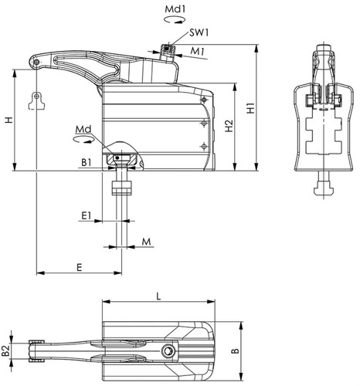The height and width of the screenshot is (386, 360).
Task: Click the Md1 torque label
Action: pos(175,9)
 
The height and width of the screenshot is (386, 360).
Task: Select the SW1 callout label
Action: pos(199,32)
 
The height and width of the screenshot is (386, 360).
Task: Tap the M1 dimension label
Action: pos(197,52)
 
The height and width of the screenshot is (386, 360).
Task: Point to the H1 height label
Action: pos(250,108)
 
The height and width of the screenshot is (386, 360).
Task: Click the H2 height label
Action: pos(229,126)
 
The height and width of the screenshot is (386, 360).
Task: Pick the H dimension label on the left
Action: pos(9,120)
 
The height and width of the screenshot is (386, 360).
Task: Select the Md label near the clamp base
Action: pos(83,130)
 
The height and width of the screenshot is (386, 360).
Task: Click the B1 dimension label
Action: pos(87,163)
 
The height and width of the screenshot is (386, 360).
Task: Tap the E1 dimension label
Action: pos(87,215)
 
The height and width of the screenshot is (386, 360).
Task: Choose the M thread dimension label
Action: pos(146,242)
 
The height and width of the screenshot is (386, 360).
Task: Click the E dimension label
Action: pos(80,268)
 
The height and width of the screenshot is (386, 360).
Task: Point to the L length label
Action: pos(158,296)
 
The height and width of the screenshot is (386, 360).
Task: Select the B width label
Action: pos(236,350)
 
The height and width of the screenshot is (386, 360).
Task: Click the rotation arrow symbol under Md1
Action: pos(175,19)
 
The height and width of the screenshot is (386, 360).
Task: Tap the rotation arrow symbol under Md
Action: pos(83,139)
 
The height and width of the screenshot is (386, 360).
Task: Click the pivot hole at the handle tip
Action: pos(36,62)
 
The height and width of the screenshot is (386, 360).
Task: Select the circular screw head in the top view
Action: pos(168,350)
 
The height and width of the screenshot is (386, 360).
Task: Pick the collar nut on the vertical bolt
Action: pos(121,188)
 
